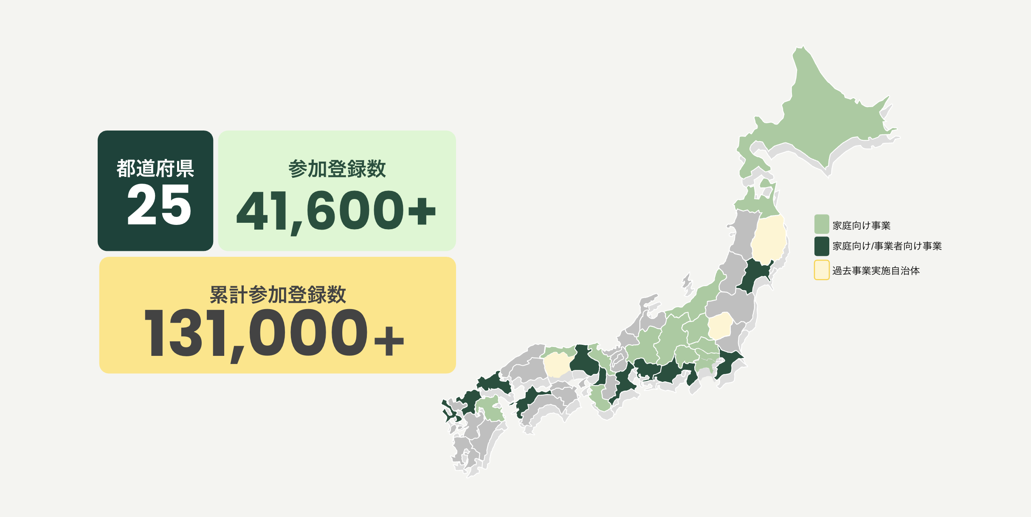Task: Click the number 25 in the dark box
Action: (159, 205)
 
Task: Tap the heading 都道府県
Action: (155, 168)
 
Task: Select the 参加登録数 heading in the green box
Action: (337, 169)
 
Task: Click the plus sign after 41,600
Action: (421, 211)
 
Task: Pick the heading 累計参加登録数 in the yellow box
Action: (278, 294)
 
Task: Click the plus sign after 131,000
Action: (389, 341)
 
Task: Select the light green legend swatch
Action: (822, 224)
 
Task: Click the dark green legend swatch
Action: (822, 246)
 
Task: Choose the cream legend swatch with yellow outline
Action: (822, 270)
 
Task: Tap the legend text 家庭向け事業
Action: (861, 225)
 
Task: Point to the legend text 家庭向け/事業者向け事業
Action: (887, 246)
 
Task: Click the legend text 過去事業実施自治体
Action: (876, 271)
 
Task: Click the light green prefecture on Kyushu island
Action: (490, 408)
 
